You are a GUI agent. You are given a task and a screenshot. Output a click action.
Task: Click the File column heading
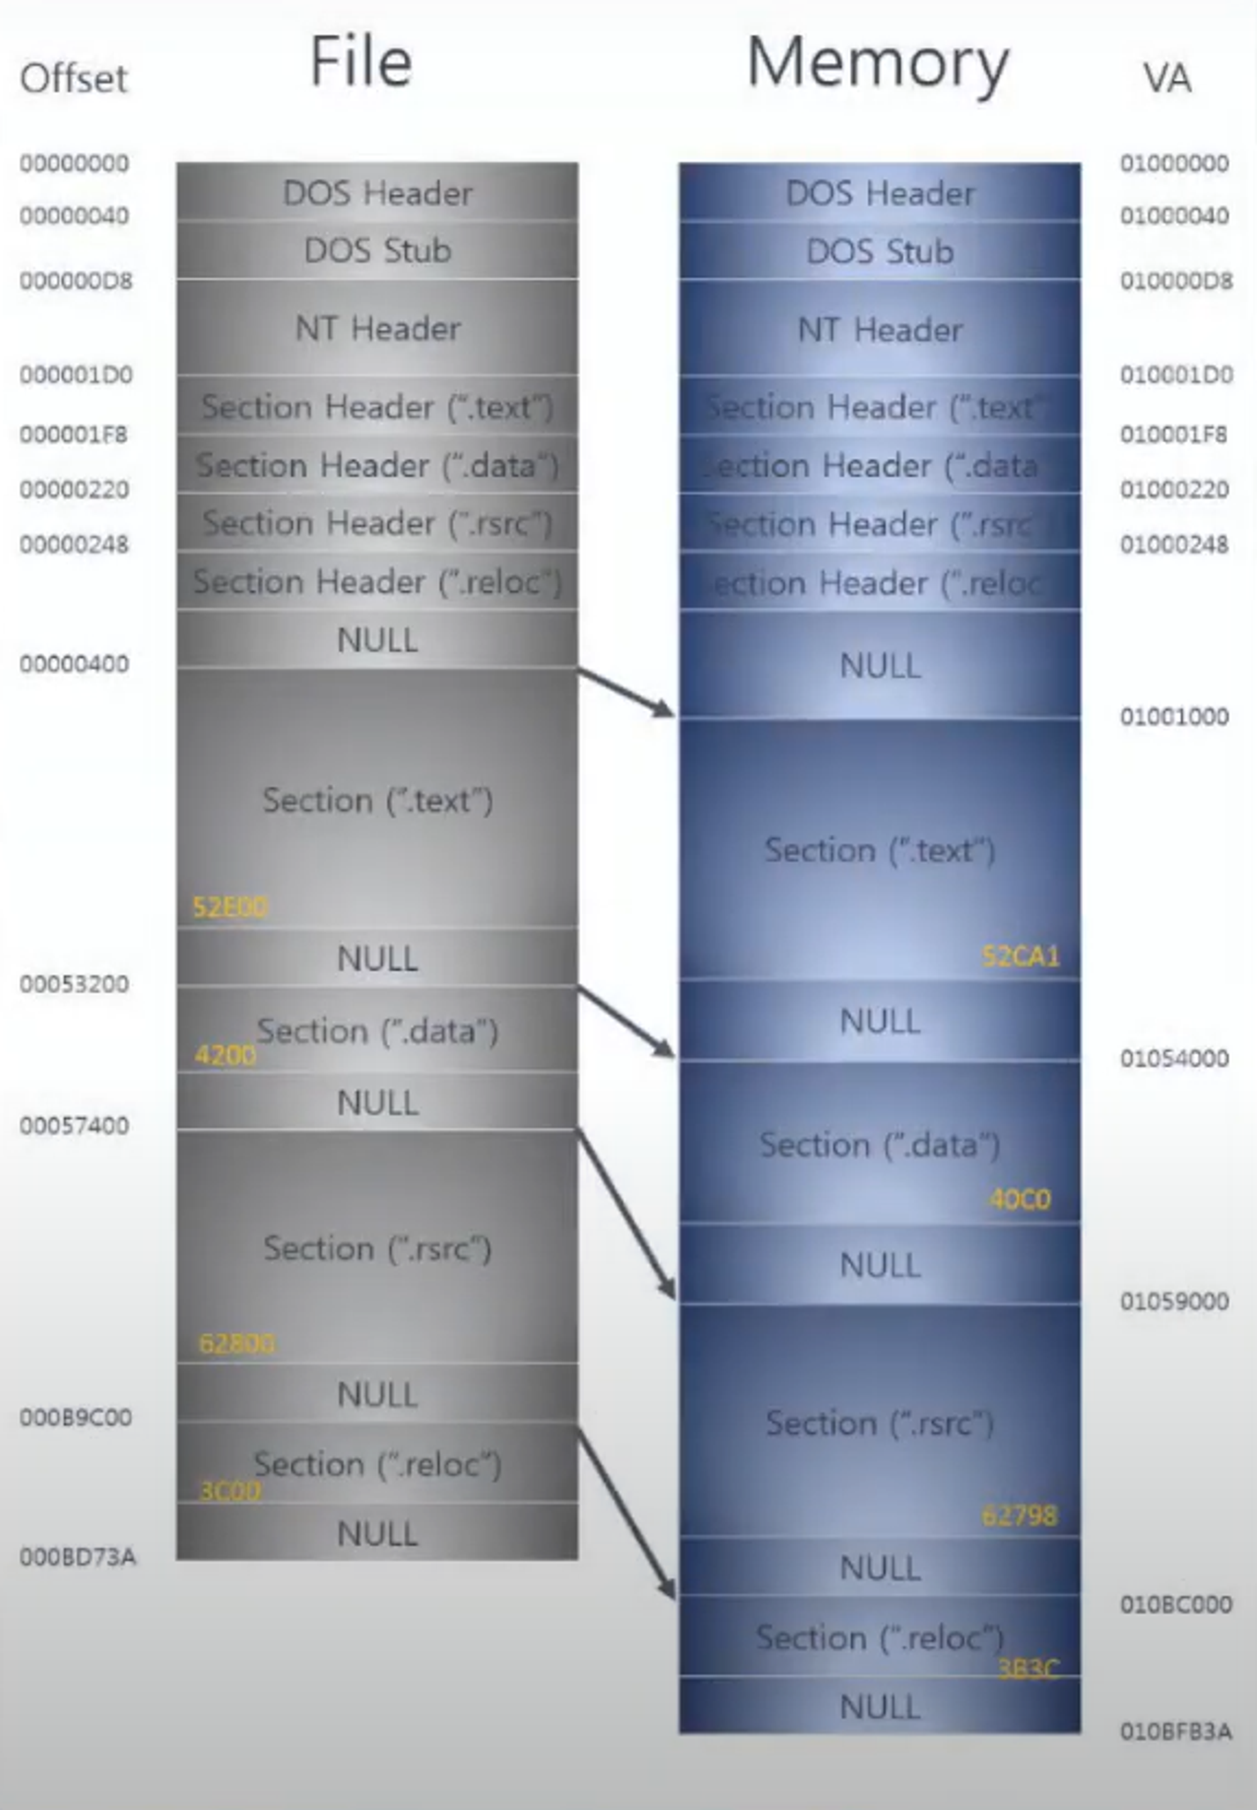[x=361, y=62]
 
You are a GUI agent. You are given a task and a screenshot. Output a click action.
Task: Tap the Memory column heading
[x=877, y=64]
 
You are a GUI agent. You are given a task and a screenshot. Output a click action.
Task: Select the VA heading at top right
[x=1166, y=78]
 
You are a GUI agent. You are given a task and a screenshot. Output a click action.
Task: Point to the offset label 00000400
[x=74, y=664]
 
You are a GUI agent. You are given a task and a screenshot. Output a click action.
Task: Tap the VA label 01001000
[x=1174, y=716]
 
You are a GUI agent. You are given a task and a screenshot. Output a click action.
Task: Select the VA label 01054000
[x=1174, y=1058]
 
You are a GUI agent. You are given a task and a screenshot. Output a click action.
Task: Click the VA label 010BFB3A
[x=1176, y=1731]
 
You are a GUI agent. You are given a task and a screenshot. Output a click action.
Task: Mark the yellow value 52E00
[x=229, y=908]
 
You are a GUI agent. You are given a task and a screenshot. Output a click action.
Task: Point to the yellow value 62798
[x=1019, y=1515]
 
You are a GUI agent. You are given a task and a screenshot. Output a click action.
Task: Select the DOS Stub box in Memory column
[x=880, y=251]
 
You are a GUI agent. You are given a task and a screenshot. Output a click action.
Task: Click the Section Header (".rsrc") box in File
[x=377, y=523]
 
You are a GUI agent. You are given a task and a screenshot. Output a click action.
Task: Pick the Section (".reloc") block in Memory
[x=880, y=1638]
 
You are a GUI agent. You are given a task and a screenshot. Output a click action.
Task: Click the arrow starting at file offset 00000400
[x=627, y=693]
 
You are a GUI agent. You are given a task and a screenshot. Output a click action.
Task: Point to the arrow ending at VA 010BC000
[x=627, y=1512]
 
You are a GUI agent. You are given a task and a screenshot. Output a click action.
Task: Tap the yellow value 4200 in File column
[x=225, y=1055]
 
